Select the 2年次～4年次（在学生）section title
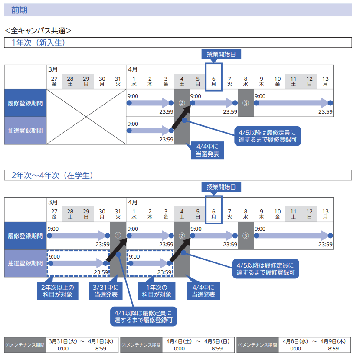(x=52, y=175)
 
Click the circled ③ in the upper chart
(x=245, y=103)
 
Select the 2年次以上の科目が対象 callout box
(x=58, y=291)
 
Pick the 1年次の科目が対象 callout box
(x=156, y=291)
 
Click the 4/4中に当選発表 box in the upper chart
(x=207, y=151)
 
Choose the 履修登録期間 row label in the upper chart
(x=25, y=103)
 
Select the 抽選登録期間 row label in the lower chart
(x=25, y=263)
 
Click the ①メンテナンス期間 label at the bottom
(x=25, y=345)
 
